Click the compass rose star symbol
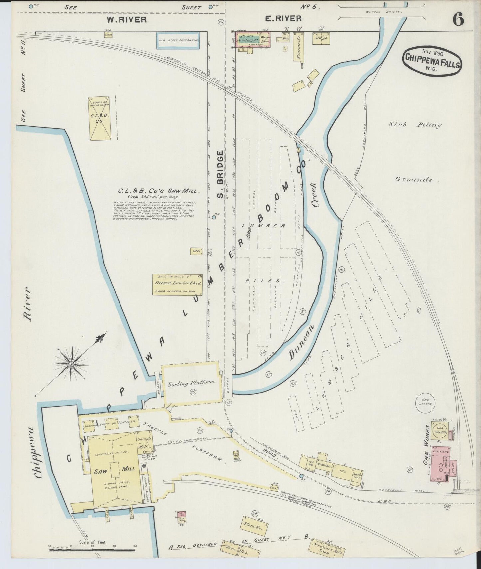pos(71,364)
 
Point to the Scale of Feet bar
pos(93,550)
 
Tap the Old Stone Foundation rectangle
pos(178,40)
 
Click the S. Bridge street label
pos(220,174)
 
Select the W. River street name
pos(126,19)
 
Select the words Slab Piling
pos(415,125)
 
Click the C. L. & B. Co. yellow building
pos(99,118)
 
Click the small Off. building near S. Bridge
pos(196,251)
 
